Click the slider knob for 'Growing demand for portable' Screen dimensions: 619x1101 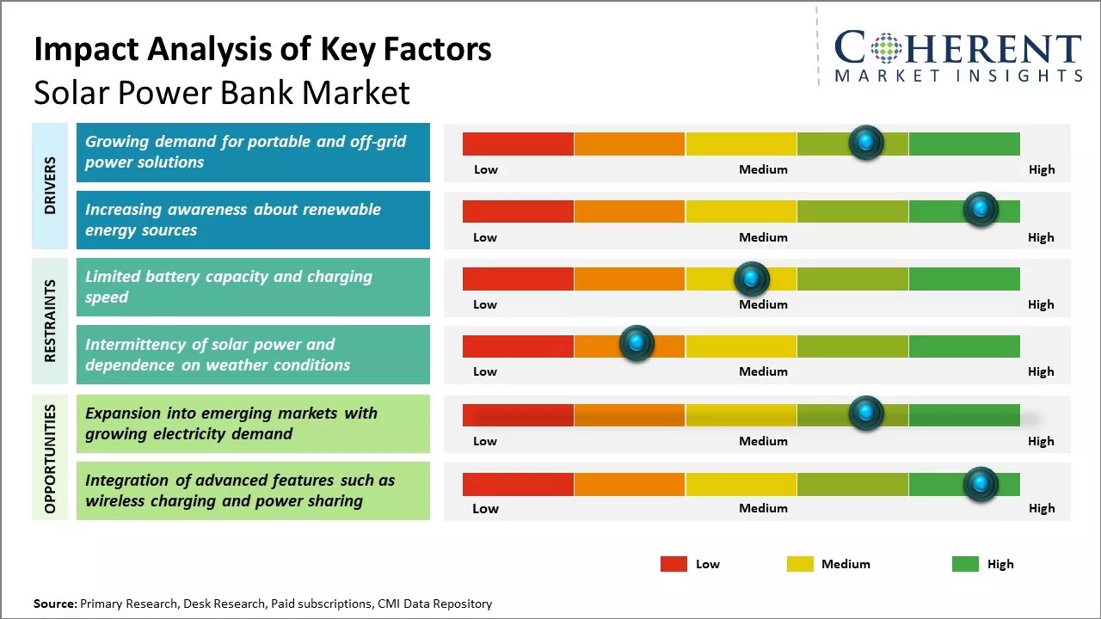(x=866, y=142)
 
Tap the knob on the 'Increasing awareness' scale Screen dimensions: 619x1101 (x=980, y=210)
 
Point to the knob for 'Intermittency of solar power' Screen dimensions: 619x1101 (x=637, y=344)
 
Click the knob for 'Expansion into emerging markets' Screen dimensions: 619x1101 (x=865, y=414)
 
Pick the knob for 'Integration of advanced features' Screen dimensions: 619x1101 (x=980, y=484)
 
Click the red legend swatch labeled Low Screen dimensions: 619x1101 (x=674, y=564)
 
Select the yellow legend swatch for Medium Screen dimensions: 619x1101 (x=800, y=564)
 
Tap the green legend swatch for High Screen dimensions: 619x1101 (x=965, y=564)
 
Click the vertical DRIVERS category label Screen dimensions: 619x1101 (x=50, y=186)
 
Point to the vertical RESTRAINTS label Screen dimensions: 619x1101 (x=50, y=320)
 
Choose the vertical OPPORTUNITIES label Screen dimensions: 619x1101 (x=50, y=458)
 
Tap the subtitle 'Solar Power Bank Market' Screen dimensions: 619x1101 (x=222, y=92)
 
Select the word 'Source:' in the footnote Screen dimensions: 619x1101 (x=55, y=604)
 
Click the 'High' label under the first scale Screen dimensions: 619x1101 (x=1041, y=169)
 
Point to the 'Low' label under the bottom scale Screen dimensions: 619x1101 (x=485, y=508)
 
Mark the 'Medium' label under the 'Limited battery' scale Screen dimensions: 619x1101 (x=763, y=304)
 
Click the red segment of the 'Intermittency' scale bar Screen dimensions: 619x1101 (x=518, y=346)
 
